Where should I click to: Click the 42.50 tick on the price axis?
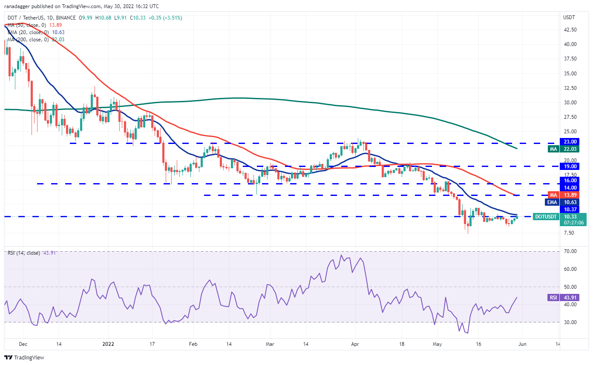pos(570,30)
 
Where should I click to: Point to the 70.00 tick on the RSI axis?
pos(570,251)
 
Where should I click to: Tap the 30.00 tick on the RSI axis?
pos(570,322)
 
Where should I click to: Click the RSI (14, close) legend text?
pos(23,253)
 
